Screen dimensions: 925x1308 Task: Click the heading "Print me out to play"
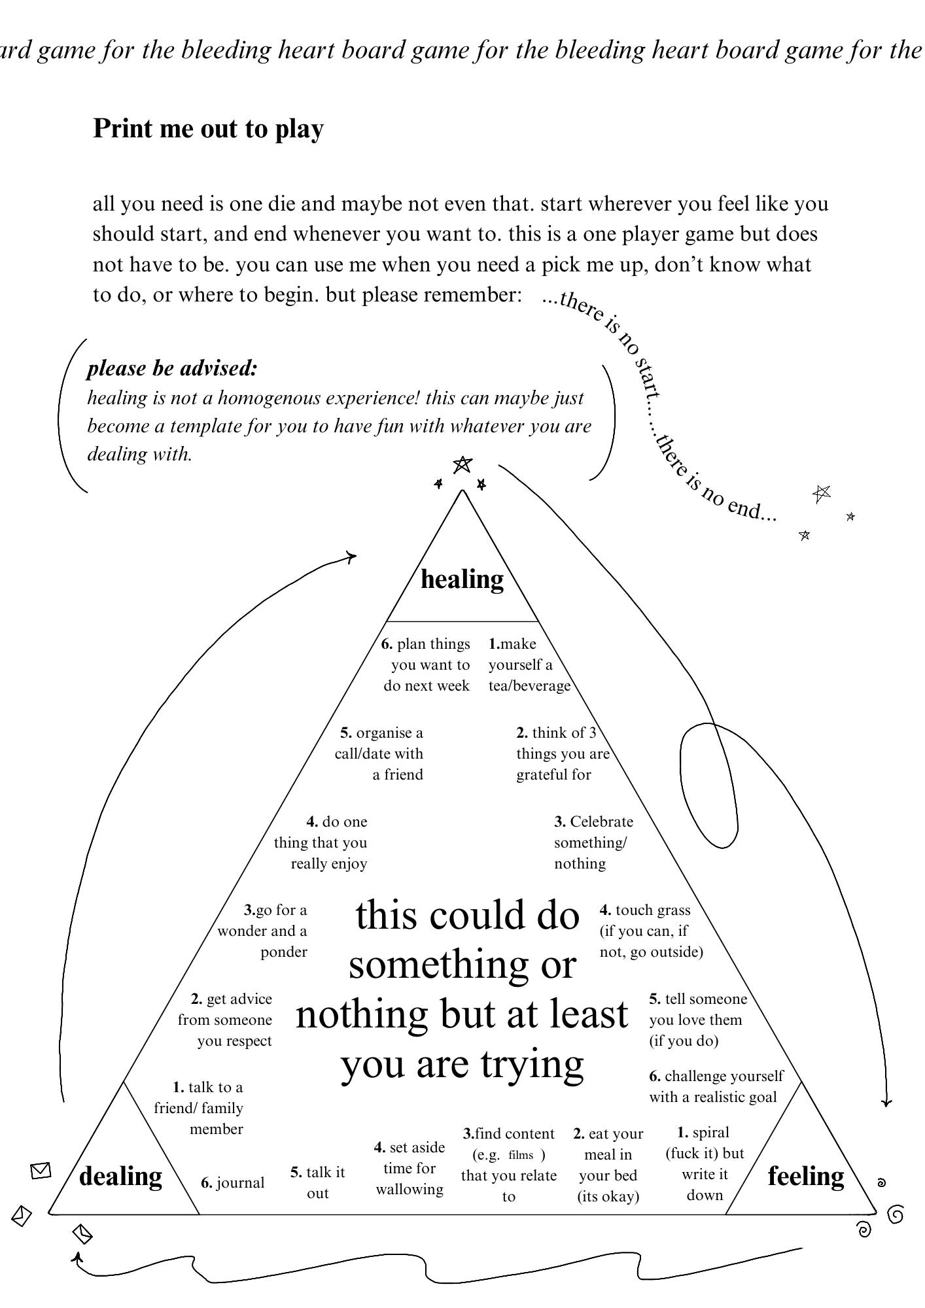pos(208,129)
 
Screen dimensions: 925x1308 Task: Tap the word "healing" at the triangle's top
pos(462,579)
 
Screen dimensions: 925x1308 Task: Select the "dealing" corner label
pos(120,1176)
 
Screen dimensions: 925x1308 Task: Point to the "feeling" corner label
pos(805,1176)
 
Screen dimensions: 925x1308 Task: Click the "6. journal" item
pos(233,1182)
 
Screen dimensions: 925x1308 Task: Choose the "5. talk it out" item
pos(318,1182)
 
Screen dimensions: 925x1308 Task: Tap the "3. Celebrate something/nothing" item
pos(592,842)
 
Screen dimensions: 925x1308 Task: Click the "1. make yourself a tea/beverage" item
pos(529,664)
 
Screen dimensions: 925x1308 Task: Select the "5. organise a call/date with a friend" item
pos(380,753)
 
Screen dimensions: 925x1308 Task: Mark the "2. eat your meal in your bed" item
pos(608,1165)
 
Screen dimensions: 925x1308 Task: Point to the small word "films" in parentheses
pos(521,1155)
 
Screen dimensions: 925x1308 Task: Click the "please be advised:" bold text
pos(173,369)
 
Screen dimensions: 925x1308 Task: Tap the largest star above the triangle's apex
pos(462,464)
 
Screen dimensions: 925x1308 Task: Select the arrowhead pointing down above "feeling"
pos(886,1102)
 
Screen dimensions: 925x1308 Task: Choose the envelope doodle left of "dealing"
pos(41,1171)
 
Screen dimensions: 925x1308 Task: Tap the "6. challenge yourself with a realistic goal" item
pos(715,1086)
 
